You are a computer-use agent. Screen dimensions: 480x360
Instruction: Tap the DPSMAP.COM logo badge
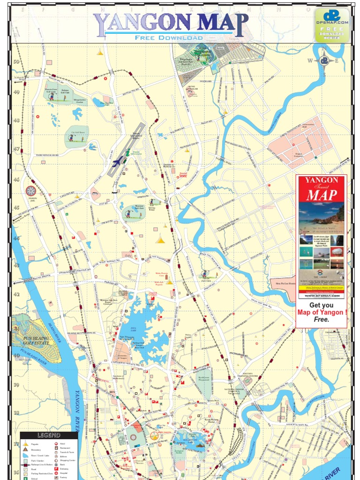click(332, 25)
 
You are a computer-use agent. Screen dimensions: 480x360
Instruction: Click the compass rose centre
click(324, 60)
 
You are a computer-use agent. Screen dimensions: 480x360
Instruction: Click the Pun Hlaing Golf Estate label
click(35, 339)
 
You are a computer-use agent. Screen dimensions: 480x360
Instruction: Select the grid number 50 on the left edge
click(16, 61)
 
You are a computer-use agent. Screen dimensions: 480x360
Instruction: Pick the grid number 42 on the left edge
click(16, 294)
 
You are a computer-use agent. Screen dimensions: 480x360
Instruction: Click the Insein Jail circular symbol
click(31, 191)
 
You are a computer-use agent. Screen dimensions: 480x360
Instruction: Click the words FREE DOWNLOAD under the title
click(169, 37)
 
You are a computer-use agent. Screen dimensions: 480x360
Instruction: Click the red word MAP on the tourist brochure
click(322, 195)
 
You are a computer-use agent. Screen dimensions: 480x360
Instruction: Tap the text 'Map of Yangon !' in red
click(322, 313)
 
